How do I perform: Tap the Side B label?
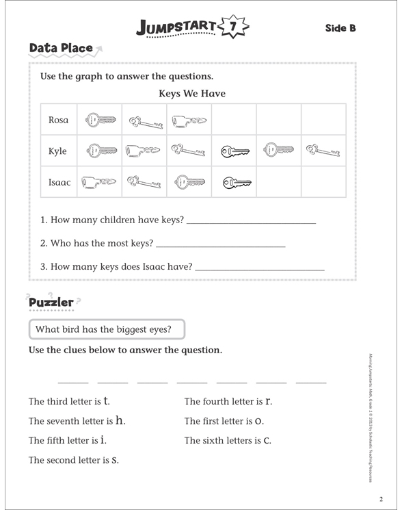coord(340,28)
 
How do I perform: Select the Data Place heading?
coord(61,48)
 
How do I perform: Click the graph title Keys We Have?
coord(192,94)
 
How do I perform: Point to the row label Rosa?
coord(59,120)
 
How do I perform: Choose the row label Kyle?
coord(58,151)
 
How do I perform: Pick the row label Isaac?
coord(59,183)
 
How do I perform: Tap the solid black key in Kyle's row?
coord(234,151)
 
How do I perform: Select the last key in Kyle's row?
coord(323,151)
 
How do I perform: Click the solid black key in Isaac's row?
coord(235,182)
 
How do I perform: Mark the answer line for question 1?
coord(251,223)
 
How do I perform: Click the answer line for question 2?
coord(221,245)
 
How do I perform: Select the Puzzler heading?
coord(51,302)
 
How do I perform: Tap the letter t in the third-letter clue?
coord(107,400)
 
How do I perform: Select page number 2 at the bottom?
coord(382,498)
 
